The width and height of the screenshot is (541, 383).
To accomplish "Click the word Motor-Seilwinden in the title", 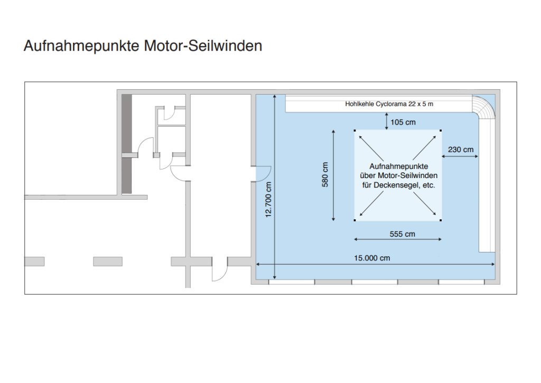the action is (x=203, y=45).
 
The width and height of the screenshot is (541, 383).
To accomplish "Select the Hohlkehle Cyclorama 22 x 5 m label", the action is (x=389, y=104).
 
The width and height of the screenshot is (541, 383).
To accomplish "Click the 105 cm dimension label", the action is (x=403, y=122).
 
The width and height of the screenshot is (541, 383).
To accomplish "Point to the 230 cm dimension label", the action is (x=461, y=150).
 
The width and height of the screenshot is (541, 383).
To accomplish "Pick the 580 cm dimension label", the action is (x=325, y=174).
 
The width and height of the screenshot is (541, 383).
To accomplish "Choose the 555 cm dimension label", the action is (x=402, y=234).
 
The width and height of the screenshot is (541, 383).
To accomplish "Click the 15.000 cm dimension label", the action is (x=372, y=258).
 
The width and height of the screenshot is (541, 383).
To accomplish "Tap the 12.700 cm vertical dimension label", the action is (x=268, y=200).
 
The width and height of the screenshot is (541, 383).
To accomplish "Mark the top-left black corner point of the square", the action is (x=355, y=130).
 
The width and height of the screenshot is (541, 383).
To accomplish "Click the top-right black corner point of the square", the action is (x=441, y=130).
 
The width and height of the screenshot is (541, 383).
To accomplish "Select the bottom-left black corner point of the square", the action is (x=355, y=220).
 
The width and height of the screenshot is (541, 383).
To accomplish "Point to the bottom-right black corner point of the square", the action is (x=441, y=220).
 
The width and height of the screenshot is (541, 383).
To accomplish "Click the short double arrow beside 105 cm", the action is (x=386, y=121).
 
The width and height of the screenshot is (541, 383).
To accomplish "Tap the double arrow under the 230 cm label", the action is (x=460, y=157).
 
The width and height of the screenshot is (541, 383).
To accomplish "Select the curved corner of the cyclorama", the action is (x=484, y=106).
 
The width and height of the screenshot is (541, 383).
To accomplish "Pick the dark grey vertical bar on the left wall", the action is (x=127, y=144).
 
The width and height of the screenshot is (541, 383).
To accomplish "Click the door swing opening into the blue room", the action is (x=263, y=174).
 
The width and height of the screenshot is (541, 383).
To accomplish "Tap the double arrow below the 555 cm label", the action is (x=398, y=239).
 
